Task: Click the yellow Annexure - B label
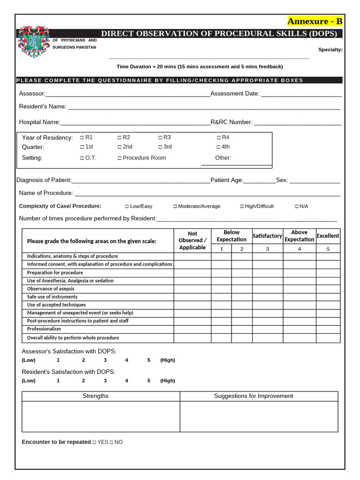(x=315, y=22)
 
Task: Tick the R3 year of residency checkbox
(x=160, y=137)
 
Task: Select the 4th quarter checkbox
(x=218, y=147)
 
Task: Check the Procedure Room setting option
(x=120, y=158)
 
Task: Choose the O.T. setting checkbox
(x=82, y=158)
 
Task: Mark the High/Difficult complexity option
(x=242, y=206)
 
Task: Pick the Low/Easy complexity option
(x=127, y=206)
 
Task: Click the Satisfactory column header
(x=267, y=236)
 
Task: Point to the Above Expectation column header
(x=299, y=236)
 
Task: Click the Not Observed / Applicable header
(x=192, y=240)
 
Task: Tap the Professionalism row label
(x=44, y=329)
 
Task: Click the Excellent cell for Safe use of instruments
(x=328, y=297)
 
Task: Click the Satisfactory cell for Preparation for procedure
(x=267, y=272)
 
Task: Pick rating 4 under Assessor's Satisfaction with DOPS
(x=127, y=360)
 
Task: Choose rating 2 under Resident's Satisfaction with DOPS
(x=83, y=381)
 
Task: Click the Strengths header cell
(x=96, y=396)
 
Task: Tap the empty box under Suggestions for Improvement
(x=259, y=416)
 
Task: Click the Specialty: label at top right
(x=330, y=50)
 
